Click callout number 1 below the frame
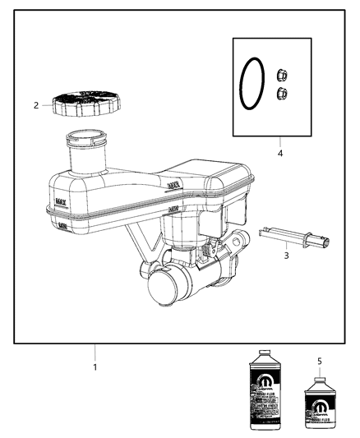(x=95, y=367)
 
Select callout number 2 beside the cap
(x=36, y=105)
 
